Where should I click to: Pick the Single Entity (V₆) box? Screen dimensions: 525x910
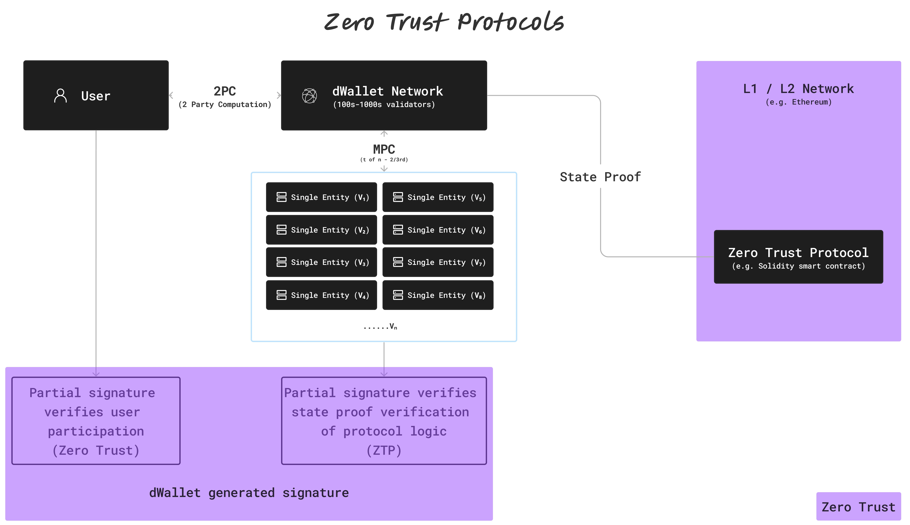coord(438,230)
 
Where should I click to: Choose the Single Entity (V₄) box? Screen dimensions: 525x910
coord(321,295)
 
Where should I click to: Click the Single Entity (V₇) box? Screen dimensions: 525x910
coord(438,262)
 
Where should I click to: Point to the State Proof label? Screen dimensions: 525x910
coord(600,177)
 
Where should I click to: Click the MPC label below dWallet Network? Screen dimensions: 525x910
coord(384,149)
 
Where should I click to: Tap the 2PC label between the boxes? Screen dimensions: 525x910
coord(224,91)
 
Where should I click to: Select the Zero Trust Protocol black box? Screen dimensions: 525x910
coord(798,257)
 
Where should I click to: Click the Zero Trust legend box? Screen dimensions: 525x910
coord(858,507)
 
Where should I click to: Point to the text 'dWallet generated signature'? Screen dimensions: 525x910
coord(249,493)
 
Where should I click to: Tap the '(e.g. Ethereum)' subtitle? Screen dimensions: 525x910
coord(798,102)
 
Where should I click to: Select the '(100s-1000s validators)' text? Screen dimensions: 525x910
coord(384,105)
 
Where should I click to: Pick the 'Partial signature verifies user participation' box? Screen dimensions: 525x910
coord(96,421)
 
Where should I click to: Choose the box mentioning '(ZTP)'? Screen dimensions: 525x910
coord(384,421)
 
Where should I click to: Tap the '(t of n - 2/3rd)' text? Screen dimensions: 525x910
coord(384,160)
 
